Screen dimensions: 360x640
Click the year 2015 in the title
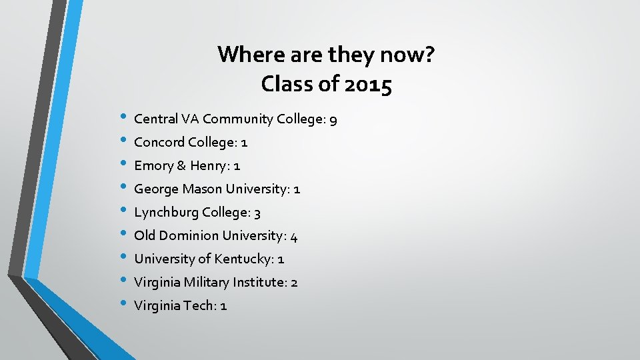(x=367, y=85)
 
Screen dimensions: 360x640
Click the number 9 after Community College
(x=333, y=120)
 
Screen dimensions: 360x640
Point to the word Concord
(x=159, y=142)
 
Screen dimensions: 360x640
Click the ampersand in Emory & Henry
(x=181, y=165)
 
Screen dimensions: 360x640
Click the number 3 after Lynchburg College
(x=257, y=213)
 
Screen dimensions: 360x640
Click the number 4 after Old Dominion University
(x=294, y=236)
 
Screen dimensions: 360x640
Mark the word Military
(x=204, y=282)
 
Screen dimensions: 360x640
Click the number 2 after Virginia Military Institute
(x=294, y=283)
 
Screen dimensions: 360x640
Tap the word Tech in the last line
(x=199, y=305)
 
